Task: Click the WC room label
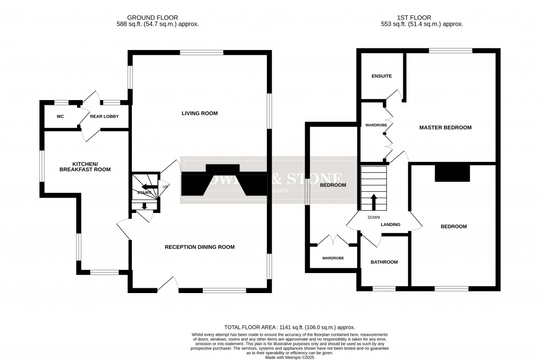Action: pos(61,116)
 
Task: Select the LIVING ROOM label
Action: pos(199,113)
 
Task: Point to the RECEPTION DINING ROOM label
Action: pos(199,247)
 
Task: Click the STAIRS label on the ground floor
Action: pos(144,193)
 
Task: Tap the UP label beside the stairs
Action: pos(165,187)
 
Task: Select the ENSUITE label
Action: pos(382,76)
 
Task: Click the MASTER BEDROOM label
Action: pos(445,128)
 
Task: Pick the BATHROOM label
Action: pos(384,262)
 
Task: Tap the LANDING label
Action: pos(391,225)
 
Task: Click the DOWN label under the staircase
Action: pos(373,217)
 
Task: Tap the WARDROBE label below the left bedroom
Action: pos(333,258)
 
